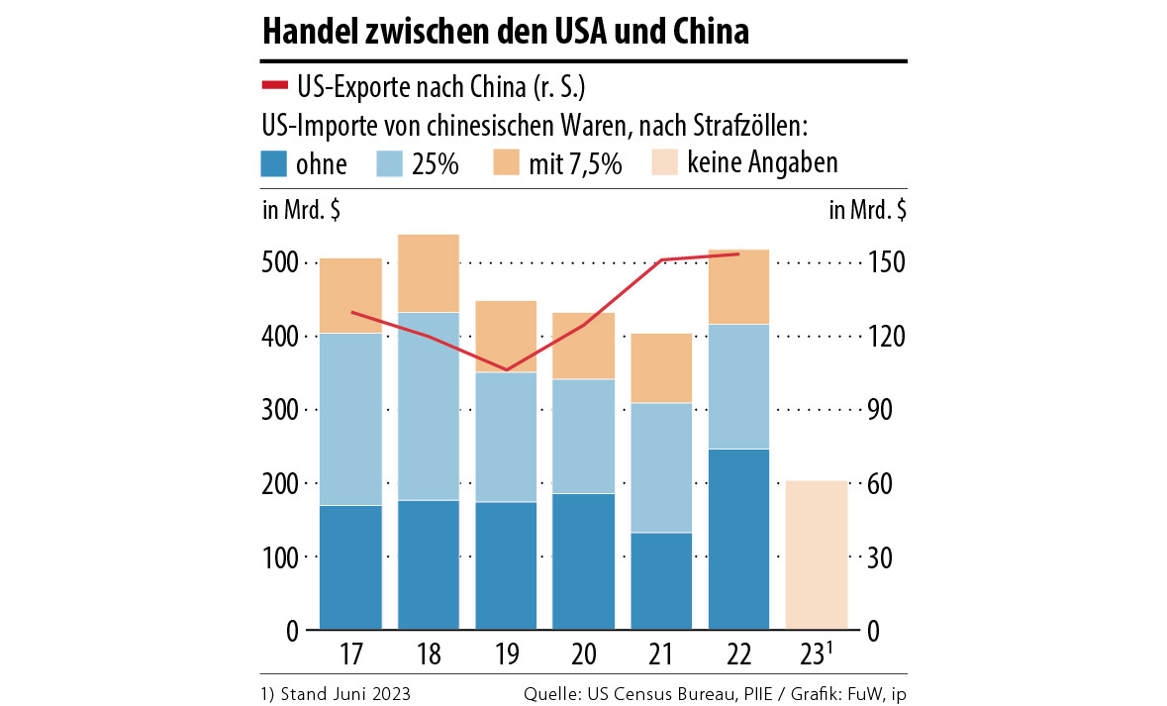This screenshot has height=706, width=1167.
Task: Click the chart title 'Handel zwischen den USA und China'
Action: (x=505, y=33)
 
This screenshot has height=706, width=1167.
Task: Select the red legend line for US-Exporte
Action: (x=274, y=87)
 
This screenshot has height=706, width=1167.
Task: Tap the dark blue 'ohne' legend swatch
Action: (x=274, y=162)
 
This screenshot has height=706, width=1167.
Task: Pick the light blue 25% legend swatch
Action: (x=391, y=162)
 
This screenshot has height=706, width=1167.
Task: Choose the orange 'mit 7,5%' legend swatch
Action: (x=507, y=162)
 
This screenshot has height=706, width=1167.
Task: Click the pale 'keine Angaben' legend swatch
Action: (x=664, y=162)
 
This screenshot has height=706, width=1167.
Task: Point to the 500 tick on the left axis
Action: (x=280, y=263)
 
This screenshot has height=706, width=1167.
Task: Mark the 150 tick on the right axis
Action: (x=883, y=263)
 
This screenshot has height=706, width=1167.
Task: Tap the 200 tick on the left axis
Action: (x=280, y=484)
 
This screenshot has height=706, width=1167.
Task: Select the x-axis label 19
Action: (x=506, y=655)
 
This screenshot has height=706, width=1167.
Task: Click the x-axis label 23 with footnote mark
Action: (x=820, y=654)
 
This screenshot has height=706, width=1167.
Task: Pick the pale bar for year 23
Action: (x=817, y=555)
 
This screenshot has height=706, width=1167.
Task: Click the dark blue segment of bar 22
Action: (x=738, y=540)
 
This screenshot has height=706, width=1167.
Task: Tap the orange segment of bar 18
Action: (x=429, y=273)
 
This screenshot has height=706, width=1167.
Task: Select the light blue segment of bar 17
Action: (x=350, y=419)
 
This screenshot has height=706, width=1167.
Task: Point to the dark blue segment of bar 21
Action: (x=661, y=581)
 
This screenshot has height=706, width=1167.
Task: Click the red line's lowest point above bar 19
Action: (x=507, y=370)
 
